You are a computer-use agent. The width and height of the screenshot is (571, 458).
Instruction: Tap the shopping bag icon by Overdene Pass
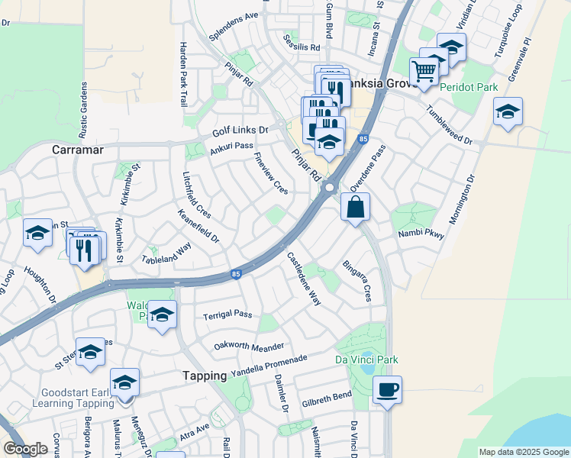[356, 206]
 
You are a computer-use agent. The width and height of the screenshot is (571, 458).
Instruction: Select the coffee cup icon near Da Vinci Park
[387, 389]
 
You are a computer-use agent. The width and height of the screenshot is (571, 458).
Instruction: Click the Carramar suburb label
[78, 150]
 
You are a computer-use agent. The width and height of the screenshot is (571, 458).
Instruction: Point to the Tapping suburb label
[205, 376]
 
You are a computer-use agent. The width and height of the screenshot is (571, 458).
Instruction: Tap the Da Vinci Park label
[366, 360]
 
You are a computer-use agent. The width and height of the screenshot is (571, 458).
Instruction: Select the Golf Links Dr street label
[240, 131]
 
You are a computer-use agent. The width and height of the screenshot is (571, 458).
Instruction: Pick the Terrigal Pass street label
[227, 314]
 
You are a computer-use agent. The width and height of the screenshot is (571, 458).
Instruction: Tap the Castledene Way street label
[304, 279]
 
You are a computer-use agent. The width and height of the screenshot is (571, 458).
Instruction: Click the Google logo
[25, 449]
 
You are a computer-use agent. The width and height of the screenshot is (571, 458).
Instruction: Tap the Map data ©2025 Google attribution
[523, 452]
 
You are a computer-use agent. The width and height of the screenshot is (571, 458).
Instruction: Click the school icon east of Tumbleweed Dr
[508, 111]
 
